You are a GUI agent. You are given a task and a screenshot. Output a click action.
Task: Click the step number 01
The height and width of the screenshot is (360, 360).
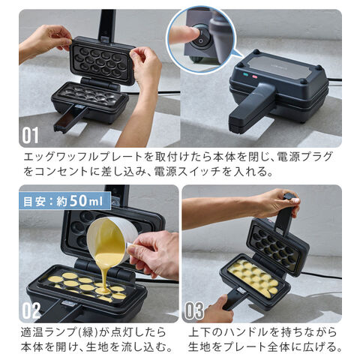(x=30, y=135)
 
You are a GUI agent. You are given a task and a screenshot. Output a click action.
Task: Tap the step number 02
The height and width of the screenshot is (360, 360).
(x=31, y=310)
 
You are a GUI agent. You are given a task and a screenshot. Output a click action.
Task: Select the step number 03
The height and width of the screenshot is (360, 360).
(x=194, y=310)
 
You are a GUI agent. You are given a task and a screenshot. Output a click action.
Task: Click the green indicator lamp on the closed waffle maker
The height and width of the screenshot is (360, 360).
(x=246, y=74)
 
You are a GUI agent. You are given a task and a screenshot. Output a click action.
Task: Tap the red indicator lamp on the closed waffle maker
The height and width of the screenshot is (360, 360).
(x=255, y=76)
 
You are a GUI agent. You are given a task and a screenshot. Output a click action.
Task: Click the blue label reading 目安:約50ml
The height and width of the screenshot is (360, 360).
(x=64, y=201)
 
